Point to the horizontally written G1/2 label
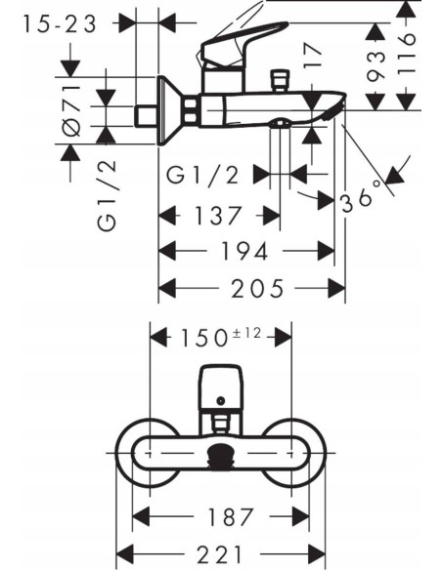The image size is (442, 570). pos(203,175)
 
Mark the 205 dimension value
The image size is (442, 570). pos(251,288)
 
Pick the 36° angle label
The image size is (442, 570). pos(359,199)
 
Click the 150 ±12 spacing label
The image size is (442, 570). pos(220,337)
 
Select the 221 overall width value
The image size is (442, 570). pos(221,553)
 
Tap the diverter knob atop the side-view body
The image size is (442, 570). pos(287,79)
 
